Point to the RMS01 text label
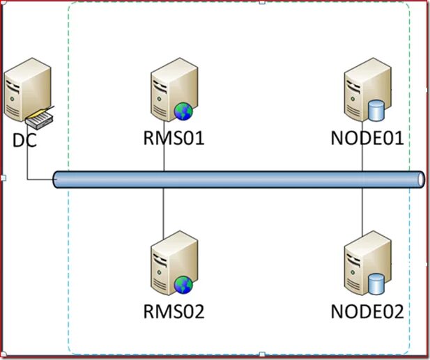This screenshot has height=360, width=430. (x=174, y=137)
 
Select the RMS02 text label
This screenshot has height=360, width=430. (x=174, y=311)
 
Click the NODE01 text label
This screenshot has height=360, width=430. (x=367, y=137)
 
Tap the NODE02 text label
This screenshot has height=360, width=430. (x=367, y=311)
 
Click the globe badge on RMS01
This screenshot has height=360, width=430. (x=183, y=111)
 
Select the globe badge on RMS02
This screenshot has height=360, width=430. (x=183, y=285)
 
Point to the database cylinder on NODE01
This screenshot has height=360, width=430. (x=376, y=110)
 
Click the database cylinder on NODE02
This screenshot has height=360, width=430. (x=376, y=284)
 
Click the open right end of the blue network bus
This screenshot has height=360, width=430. (x=420, y=179)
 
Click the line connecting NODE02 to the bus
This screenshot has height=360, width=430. (x=362, y=212)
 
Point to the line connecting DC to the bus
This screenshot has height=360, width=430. (x=28, y=164)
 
